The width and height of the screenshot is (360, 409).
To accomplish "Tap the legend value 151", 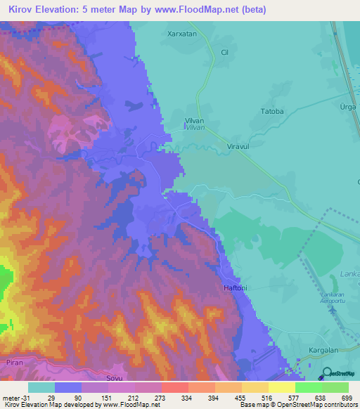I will (x=108, y=396).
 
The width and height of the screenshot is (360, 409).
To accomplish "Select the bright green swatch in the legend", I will (x=308, y=387).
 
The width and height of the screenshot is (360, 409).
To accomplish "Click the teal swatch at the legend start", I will (x=41, y=387).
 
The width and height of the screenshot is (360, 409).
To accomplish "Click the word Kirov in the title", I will (x=22, y=10).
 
